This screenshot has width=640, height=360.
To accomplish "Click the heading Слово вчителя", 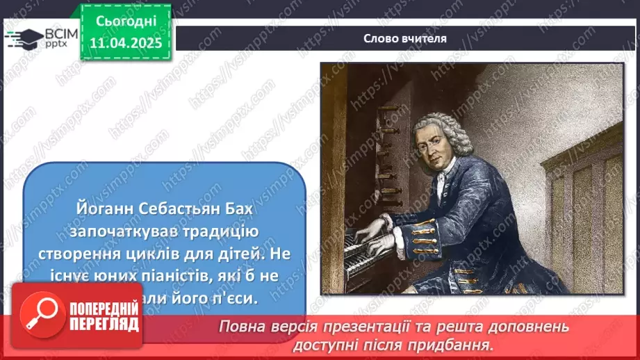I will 405,38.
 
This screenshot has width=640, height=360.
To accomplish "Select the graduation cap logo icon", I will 23,38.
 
